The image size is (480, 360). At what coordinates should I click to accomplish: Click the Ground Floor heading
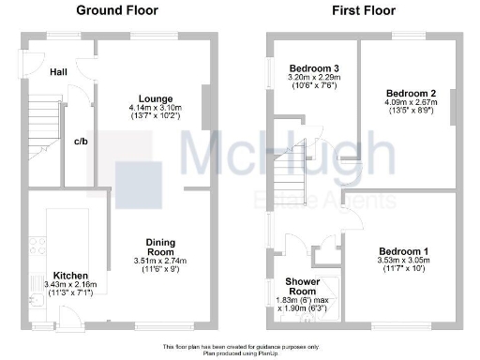(x=116, y=11)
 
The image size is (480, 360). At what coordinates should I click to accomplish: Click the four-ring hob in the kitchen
(x=38, y=247)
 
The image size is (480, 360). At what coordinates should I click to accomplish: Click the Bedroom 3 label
(x=313, y=68)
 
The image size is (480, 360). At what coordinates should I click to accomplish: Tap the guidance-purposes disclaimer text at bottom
(x=240, y=346)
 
